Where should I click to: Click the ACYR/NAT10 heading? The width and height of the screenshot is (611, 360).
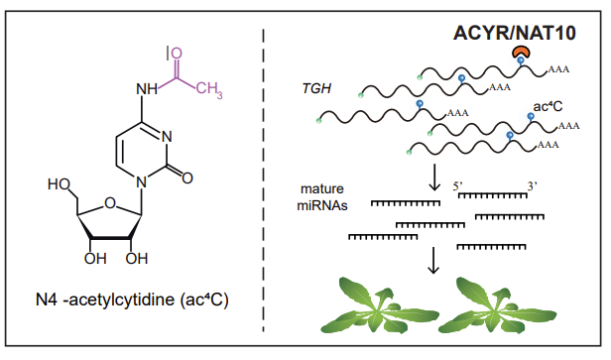coord(515,33)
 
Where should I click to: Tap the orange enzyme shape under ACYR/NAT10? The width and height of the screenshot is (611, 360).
coord(521,52)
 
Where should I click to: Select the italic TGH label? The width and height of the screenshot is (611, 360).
coord(316,89)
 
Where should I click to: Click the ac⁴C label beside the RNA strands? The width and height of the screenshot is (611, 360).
coord(548,106)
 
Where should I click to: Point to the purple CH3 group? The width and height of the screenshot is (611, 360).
coord(209,89)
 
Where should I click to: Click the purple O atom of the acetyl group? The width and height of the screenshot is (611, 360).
coord(177,54)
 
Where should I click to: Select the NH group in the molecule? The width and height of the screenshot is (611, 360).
coord(147,89)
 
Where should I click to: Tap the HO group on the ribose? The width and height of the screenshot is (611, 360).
coord(59,184)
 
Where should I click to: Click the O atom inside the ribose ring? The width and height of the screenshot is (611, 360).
coord(110,203)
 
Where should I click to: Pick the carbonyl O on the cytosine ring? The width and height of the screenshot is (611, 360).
coord(187,179)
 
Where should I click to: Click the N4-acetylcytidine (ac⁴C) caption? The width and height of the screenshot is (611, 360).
coord(132,300)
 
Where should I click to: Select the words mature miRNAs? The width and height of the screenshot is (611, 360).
coord(322,196)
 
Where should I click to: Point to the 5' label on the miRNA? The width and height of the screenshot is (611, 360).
coord(457,186)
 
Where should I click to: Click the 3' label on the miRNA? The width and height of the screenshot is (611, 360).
coord(533,186)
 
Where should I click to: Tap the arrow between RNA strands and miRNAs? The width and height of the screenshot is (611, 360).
coord(434,178)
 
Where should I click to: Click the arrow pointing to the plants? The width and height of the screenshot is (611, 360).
coord(433,260)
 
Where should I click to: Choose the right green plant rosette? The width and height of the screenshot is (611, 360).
coord(497,304)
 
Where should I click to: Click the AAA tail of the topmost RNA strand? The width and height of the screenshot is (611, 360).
coord(558,69)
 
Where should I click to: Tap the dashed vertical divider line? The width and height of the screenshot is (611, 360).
coord(264,180)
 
